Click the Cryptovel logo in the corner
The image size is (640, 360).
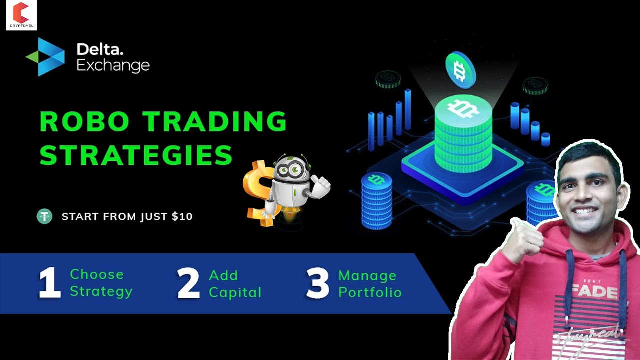click(x=21, y=15)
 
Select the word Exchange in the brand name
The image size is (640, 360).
click(x=113, y=65)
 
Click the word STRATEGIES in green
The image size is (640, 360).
click(x=136, y=155)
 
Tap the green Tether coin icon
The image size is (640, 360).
click(x=44, y=216)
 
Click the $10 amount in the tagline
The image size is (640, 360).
click(x=182, y=217)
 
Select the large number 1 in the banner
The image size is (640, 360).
click(x=49, y=283)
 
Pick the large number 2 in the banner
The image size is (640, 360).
click(x=188, y=283)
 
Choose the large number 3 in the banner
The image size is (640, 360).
click(x=318, y=283)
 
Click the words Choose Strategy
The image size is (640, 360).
click(x=101, y=283)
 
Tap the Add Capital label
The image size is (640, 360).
click(x=235, y=283)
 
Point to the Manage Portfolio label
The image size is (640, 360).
click(x=370, y=283)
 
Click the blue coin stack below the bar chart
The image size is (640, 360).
click(x=376, y=200)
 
